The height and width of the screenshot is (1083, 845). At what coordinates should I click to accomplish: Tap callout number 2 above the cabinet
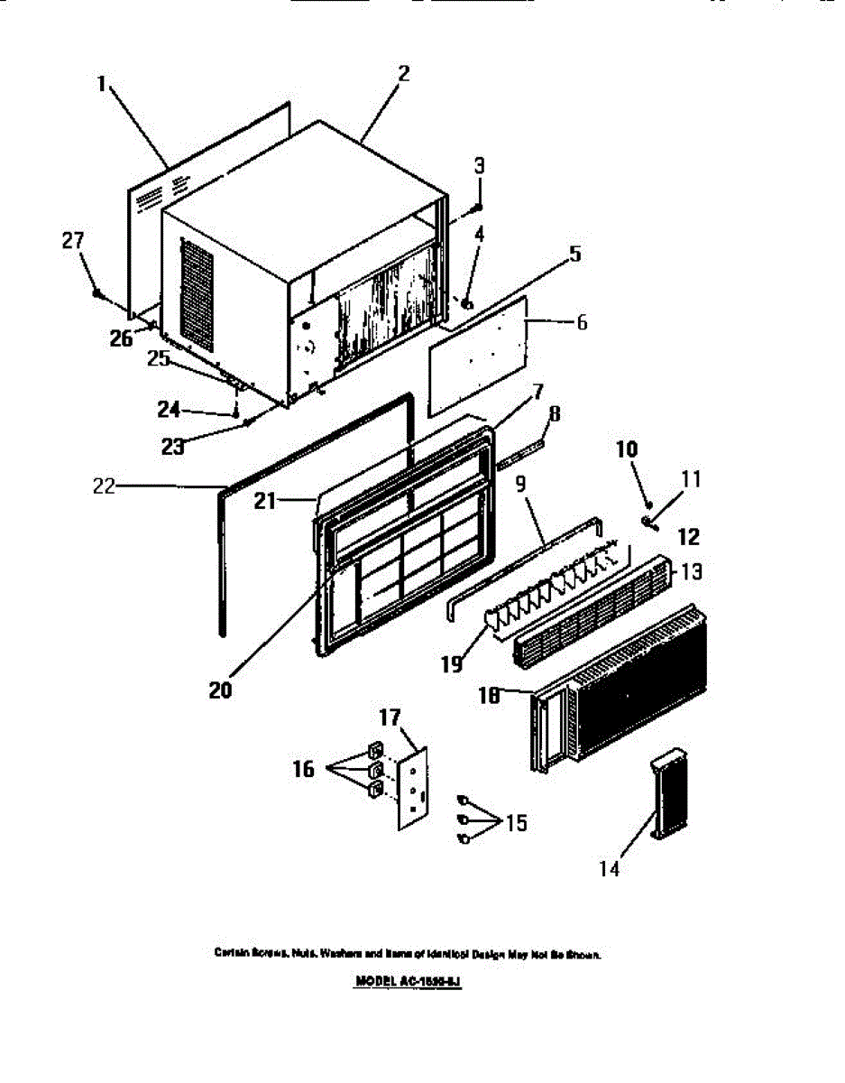(x=403, y=74)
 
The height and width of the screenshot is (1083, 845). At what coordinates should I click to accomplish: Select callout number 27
(x=72, y=241)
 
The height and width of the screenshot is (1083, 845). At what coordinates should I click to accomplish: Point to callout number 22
(x=104, y=486)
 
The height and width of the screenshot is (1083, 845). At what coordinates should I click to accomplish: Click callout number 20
(x=220, y=690)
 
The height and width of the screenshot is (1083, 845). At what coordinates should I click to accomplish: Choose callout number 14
(x=610, y=868)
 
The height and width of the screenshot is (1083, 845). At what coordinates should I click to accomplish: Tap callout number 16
(x=303, y=769)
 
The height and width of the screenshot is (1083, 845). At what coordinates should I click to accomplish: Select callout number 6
(x=582, y=322)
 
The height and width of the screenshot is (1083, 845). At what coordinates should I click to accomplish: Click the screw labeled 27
(x=96, y=293)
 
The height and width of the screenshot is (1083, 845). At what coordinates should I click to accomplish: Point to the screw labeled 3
(x=477, y=207)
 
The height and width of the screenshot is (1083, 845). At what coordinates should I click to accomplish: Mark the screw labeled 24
(x=236, y=413)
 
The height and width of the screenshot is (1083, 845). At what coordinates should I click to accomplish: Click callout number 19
(x=451, y=664)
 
